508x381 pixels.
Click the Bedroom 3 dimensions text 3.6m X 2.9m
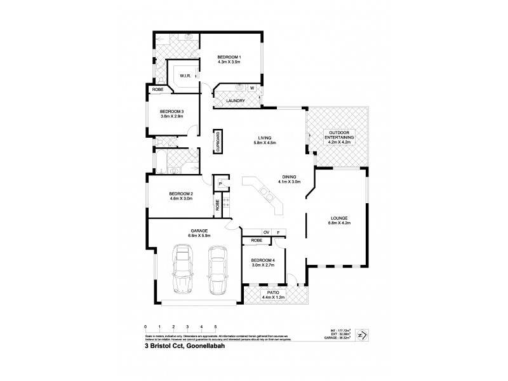coord(171,117)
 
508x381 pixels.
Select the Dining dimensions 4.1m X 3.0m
coord(288,182)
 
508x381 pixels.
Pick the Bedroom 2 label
coord(180,194)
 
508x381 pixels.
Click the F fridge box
coord(279,232)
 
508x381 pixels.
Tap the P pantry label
coord(220,184)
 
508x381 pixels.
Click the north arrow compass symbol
coord(363,335)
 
